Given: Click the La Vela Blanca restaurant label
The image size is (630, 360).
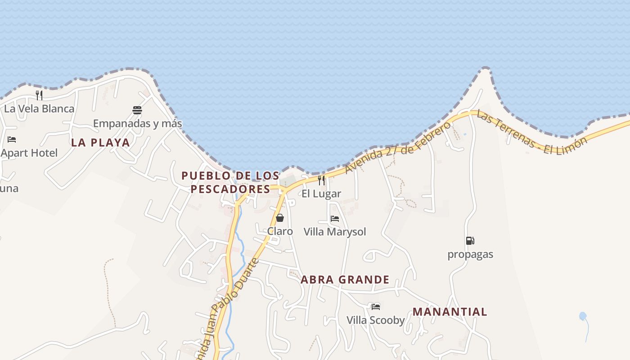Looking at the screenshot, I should (39, 108).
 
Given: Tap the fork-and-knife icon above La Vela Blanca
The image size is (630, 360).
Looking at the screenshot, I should (39, 95).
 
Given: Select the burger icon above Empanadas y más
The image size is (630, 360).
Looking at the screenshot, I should (137, 110).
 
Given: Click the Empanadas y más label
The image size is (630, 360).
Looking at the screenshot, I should (137, 123).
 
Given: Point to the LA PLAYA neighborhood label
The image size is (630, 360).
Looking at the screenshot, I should (100, 143).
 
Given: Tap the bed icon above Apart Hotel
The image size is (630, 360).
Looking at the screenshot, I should (12, 139).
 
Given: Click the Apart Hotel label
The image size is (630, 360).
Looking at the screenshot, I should (29, 153).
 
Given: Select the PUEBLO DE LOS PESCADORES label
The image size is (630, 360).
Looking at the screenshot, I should (230, 182).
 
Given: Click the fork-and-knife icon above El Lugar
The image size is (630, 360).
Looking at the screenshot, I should (321, 180).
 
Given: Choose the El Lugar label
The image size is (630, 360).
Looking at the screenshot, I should (321, 194).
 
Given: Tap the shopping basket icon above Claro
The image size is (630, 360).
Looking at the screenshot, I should (280, 218).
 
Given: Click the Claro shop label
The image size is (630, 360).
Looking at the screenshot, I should (280, 231).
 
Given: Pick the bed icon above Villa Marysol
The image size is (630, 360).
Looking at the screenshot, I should (335, 219).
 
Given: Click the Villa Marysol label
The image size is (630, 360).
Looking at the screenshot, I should (335, 232).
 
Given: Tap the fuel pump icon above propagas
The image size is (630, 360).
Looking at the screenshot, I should (470, 241).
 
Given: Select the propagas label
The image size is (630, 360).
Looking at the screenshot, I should (470, 254).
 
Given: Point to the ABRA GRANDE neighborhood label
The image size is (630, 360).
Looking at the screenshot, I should (345, 280).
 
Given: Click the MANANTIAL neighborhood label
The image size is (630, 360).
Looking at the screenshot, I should (450, 312).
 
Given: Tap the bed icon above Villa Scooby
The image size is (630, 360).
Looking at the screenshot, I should (376, 307).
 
